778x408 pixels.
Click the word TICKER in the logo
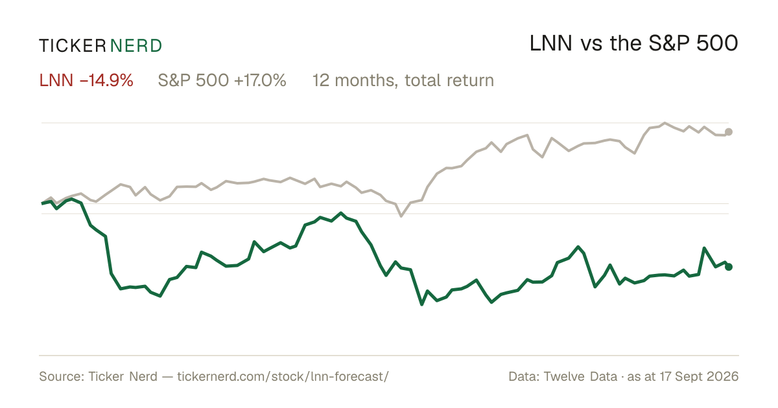[x=73, y=46]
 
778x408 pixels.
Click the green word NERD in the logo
[x=136, y=46]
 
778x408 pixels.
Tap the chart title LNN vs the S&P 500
[x=634, y=43]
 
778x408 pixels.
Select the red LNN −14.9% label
[x=86, y=80]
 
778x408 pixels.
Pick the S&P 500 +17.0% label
[x=222, y=80]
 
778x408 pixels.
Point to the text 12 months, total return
[x=403, y=81]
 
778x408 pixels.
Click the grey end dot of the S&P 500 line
[x=729, y=132]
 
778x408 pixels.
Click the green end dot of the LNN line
[x=729, y=267]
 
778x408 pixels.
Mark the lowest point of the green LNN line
[x=421, y=304]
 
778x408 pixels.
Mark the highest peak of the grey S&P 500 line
[x=665, y=123]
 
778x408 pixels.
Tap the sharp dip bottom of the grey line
[x=401, y=216]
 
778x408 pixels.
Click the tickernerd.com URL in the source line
[x=283, y=376]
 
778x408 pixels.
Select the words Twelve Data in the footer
[x=580, y=376]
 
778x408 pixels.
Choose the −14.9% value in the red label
[x=106, y=80]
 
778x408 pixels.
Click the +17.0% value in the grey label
[x=260, y=80]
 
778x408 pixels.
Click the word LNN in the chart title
[x=551, y=43]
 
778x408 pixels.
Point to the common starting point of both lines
[x=42, y=203]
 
